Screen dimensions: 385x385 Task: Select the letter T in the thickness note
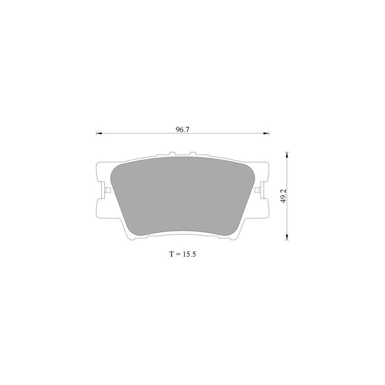coord(171,254)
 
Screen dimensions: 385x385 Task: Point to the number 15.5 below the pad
coord(189,254)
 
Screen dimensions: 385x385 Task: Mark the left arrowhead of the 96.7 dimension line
coord(98,134)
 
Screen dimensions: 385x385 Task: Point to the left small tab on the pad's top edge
coord(172,154)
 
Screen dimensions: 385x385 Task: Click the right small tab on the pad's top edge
coord(192,154)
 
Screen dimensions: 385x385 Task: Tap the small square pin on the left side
coord(108,190)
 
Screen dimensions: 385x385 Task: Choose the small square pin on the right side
coord(257,190)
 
